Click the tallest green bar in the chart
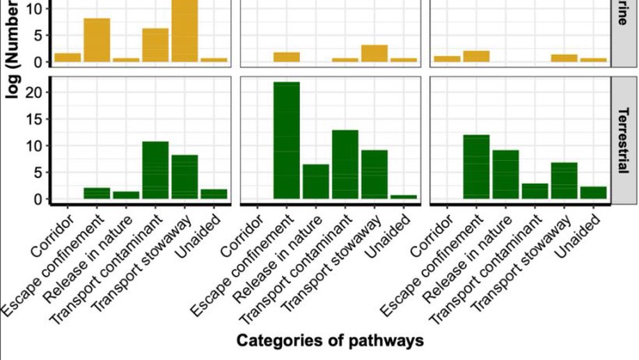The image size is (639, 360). (287, 140)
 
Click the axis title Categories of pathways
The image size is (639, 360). (330, 341)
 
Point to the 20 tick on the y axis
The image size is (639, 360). (38, 93)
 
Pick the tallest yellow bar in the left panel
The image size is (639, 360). (184, 31)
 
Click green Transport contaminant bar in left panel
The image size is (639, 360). (155, 170)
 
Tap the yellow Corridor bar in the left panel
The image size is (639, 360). (68, 57)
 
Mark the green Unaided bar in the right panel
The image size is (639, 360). (593, 192)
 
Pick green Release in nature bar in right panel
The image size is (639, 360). (505, 174)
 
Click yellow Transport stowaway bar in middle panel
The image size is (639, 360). (374, 54)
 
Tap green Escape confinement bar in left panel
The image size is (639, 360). (97, 193)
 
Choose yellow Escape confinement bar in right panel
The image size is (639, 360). (476, 56)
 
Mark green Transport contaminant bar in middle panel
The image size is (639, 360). (345, 164)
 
